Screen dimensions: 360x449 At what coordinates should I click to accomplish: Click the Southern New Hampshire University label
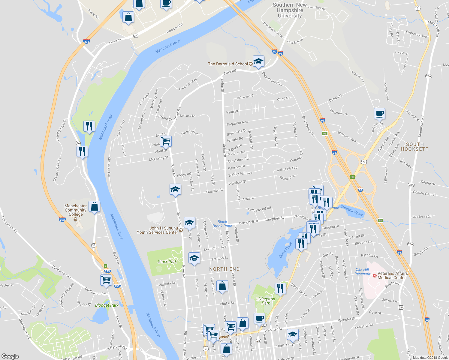pyautogui.click(x=290, y=10)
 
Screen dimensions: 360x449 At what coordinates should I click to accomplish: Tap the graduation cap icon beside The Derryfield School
pyautogui.click(x=258, y=61)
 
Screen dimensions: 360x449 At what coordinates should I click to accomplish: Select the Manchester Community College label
pyautogui.click(x=76, y=210)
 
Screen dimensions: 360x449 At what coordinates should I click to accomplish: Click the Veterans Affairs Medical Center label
pyautogui.click(x=392, y=275)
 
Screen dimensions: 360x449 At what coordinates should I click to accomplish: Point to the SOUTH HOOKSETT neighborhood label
pyautogui.click(x=414, y=147)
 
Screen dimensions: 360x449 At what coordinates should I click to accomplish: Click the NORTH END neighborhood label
pyautogui.click(x=224, y=269)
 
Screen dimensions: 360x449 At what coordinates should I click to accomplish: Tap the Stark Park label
pyautogui.click(x=167, y=262)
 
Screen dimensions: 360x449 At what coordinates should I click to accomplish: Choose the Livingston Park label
pyautogui.click(x=266, y=301)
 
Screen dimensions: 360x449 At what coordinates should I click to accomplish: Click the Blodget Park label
pyautogui.click(x=107, y=305)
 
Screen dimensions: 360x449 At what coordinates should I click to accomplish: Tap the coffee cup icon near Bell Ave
pyautogui.click(x=379, y=114)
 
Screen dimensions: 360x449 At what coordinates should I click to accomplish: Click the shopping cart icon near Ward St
pyautogui.click(x=166, y=140)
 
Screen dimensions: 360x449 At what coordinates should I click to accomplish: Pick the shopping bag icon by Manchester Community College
pyautogui.click(x=94, y=206)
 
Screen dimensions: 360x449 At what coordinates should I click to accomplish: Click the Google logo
pyautogui.click(x=10, y=356)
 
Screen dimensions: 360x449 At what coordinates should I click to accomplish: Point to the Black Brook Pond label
pyautogui.click(x=222, y=224)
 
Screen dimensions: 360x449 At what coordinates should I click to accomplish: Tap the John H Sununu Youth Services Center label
pyautogui.click(x=157, y=230)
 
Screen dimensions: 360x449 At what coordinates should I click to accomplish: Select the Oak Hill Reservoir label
pyautogui.click(x=362, y=271)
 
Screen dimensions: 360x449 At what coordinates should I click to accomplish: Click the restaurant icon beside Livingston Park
pyautogui.click(x=280, y=289)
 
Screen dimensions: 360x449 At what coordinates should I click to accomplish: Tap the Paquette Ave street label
pyautogui.click(x=237, y=123)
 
